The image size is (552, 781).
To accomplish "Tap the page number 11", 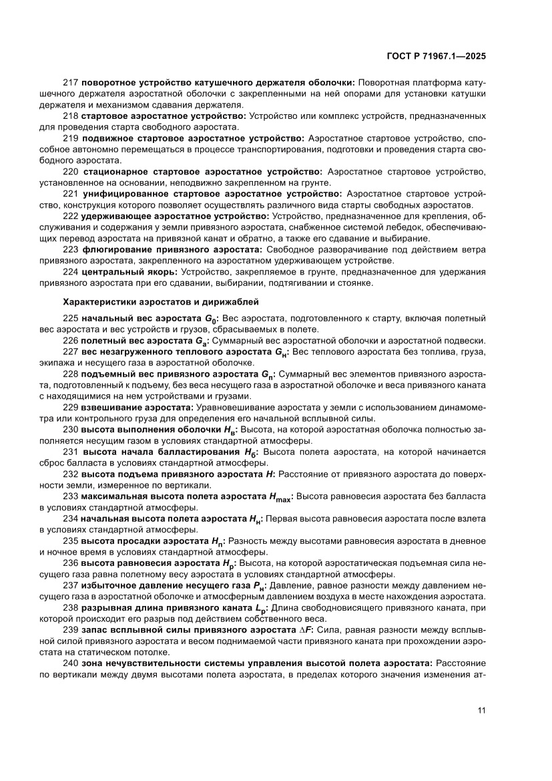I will (x=481, y=710).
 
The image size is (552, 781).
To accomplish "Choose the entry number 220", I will (x=70, y=172).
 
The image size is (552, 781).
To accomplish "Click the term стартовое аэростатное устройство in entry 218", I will (x=162, y=116).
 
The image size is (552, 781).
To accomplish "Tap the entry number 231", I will (x=70, y=452).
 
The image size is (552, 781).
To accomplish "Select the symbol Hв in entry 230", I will (x=228, y=430).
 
